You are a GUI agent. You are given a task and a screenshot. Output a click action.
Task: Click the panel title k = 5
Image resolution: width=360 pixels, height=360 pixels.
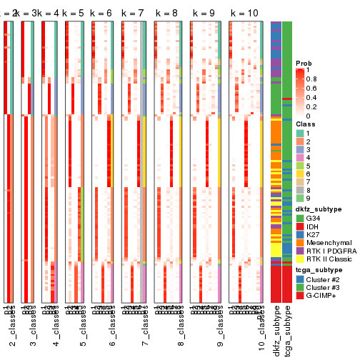coord(73,14)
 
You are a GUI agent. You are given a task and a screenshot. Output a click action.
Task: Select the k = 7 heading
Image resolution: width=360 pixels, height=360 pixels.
coord(134,14)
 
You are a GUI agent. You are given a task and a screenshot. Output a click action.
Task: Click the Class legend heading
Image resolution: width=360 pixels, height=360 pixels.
coord(306,125)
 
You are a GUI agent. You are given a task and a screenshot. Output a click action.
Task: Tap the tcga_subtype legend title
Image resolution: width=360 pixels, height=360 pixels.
coord(316,270)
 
